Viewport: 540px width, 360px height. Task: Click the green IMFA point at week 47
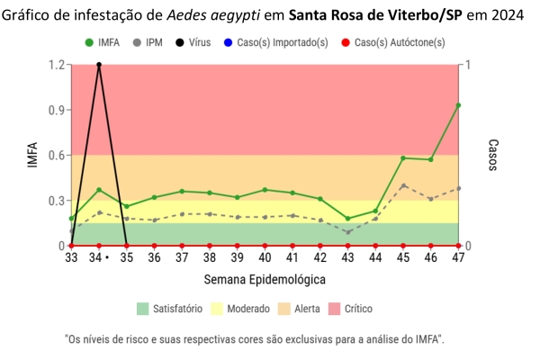458,105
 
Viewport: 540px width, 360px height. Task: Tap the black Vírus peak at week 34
98,65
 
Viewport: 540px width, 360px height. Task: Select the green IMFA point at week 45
403,158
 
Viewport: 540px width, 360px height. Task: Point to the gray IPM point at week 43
347,232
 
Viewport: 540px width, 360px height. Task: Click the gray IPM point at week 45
403,185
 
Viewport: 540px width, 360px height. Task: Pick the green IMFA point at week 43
347,219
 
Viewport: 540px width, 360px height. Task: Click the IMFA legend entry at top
104,42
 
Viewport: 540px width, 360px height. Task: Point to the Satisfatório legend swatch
142,308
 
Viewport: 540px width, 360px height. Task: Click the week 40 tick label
265,258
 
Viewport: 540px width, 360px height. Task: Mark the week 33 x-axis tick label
71,258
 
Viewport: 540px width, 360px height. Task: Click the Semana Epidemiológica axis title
265,279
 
